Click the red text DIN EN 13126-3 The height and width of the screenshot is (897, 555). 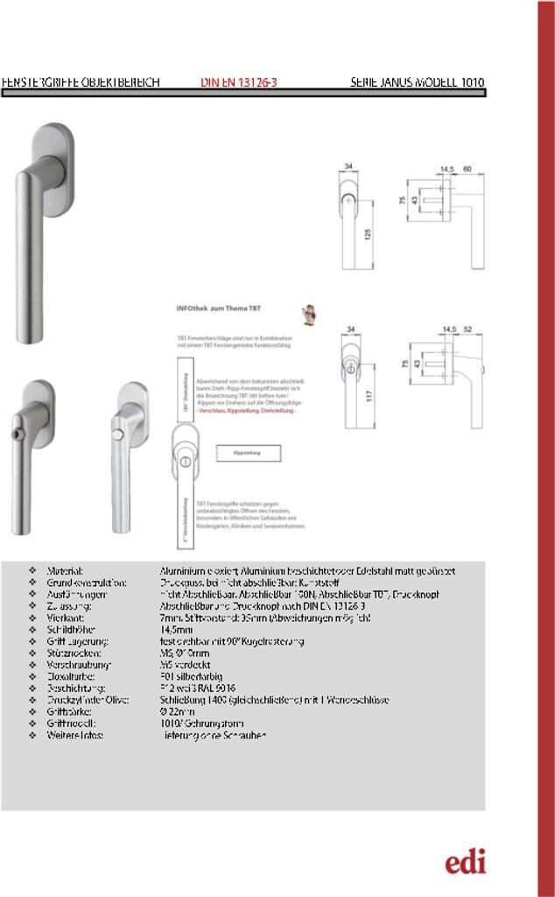click(x=239, y=83)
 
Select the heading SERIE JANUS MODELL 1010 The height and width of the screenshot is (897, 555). click(x=417, y=83)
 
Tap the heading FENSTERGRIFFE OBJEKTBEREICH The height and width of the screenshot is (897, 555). click(x=81, y=83)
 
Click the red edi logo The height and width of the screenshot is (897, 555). click(x=465, y=862)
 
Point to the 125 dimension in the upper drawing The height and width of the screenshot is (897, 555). click(x=369, y=234)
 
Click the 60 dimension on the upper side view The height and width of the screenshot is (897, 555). click(x=467, y=167)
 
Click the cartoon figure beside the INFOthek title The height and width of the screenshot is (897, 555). click(x=307, y=314)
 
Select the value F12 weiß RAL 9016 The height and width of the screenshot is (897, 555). click(x=199, y=689)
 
